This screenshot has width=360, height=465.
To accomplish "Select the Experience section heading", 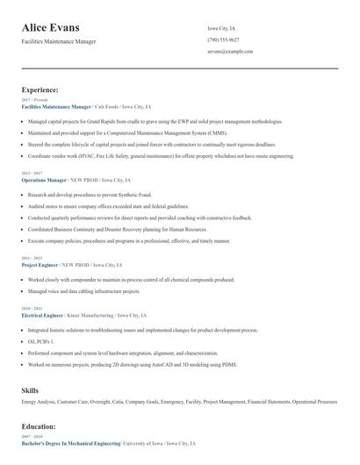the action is tap(40, 89).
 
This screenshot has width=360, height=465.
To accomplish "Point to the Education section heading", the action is tap(39, 426).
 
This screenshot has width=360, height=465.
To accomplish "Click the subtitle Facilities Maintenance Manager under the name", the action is tap(59, 41).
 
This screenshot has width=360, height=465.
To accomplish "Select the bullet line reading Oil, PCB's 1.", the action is tap(42, 340).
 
